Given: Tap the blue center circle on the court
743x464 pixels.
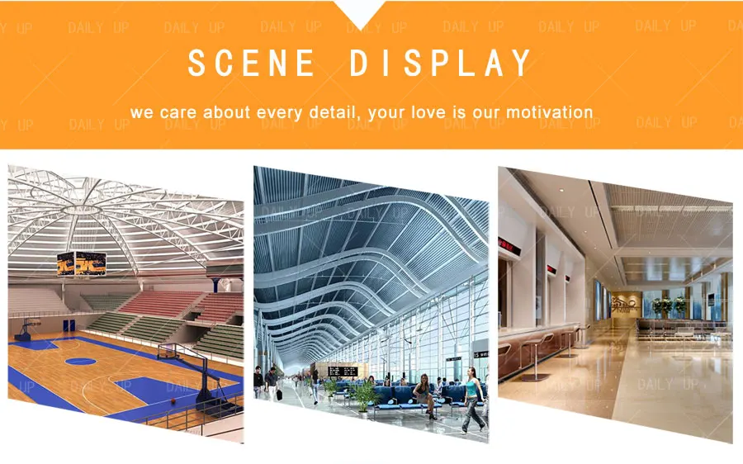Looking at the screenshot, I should point(80,360).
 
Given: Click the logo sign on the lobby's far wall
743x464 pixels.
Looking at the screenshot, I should point(624,305).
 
